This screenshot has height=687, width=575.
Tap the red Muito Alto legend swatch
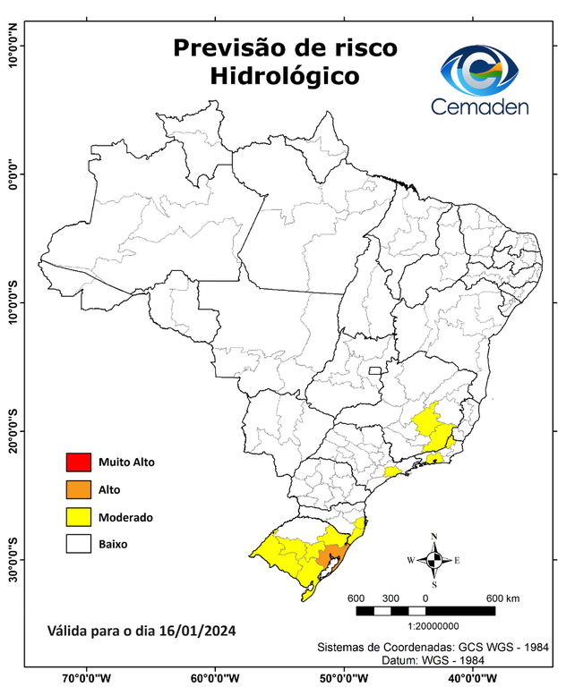pos(78,462)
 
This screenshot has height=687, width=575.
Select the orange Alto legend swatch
pos(78,489)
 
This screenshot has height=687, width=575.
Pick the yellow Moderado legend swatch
pos(78,516)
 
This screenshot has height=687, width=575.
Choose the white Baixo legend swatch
pos(78,543)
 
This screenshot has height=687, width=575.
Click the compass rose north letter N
pos(434,538)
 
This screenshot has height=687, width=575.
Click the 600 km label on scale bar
pos(502,598)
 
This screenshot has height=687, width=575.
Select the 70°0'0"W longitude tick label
pos(87,678)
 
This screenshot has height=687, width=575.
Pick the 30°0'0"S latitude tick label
pos(13,558)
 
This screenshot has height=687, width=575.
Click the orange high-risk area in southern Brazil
pos(331,556)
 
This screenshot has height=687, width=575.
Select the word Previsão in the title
pos(227,47)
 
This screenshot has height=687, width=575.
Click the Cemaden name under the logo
pos(479,106)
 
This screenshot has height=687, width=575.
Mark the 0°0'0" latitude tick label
pos(13,174)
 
